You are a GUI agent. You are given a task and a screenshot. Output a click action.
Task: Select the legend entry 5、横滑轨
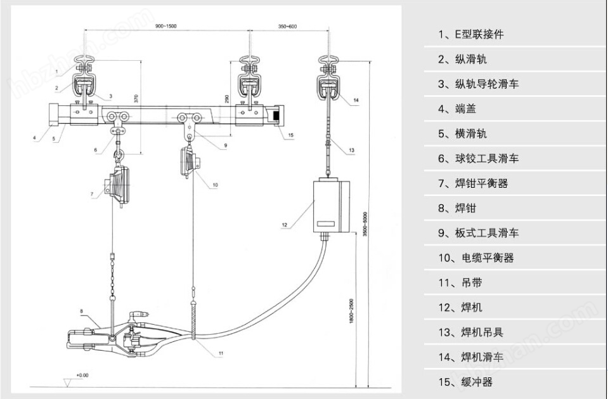pyautogui.click(x=462, y=134)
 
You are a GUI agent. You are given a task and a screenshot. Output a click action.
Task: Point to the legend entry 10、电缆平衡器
pyautogui.click(x=475, y=258)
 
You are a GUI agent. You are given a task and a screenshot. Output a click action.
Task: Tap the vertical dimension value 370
pyautogui.click(x=136, y=99)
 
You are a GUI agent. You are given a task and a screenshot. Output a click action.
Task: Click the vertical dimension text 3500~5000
pyautogui.click(x=365, y=225)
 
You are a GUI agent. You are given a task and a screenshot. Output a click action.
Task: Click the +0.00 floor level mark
pyautogui.click(x=82, y=375)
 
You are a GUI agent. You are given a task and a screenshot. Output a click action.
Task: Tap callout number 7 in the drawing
pyautogui.click(x=92, y=193)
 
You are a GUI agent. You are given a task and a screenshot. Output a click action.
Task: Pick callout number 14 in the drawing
pyautogui.click(x=356, y=100)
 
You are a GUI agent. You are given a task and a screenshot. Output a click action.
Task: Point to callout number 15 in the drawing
pyautogui.click(x=290, y=135)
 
